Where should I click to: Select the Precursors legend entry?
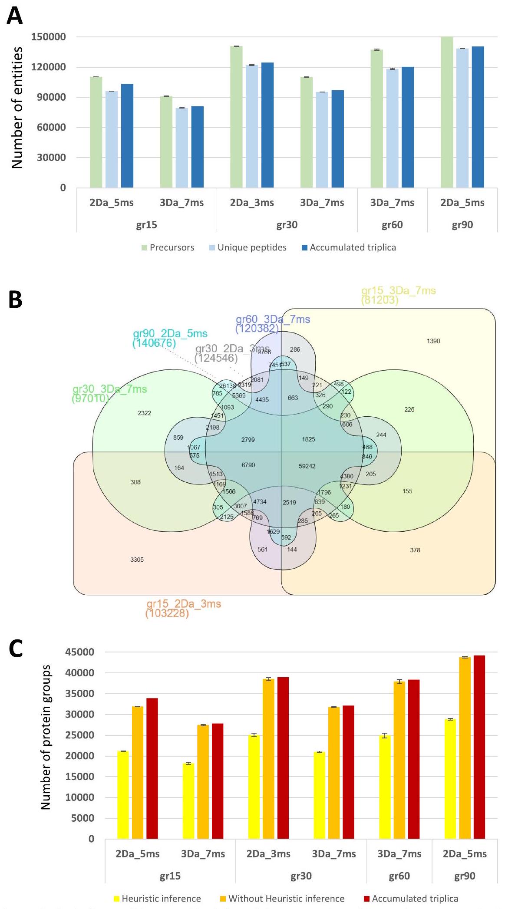point(172,247)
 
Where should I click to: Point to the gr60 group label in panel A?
point(392,225)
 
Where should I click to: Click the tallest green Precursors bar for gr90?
point(447,113)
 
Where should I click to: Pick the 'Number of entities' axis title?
point(17,108)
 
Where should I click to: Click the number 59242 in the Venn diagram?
point(307,466)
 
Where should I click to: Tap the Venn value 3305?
point(137,560)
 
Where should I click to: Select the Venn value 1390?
point(433,341)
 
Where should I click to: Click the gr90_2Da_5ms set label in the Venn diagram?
point(170,334)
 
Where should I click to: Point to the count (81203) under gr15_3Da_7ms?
point(380,300)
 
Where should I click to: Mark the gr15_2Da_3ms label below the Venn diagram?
point(184,604)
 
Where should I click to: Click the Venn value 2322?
point(144,413)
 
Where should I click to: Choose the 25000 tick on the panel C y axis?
point(79,735)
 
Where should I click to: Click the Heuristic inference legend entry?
point(161,899)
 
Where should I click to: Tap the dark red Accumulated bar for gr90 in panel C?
point(479,747)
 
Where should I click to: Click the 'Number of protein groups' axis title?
point(46,738)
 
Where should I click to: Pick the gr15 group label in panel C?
point(170,876)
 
